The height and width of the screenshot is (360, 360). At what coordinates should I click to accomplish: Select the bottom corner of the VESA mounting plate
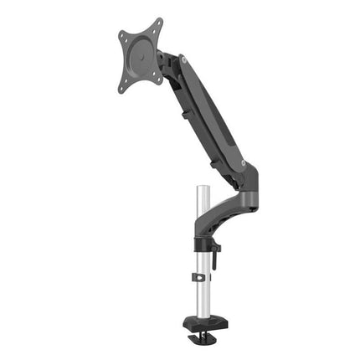127,86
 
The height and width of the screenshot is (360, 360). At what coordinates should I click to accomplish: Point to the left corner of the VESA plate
122,36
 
